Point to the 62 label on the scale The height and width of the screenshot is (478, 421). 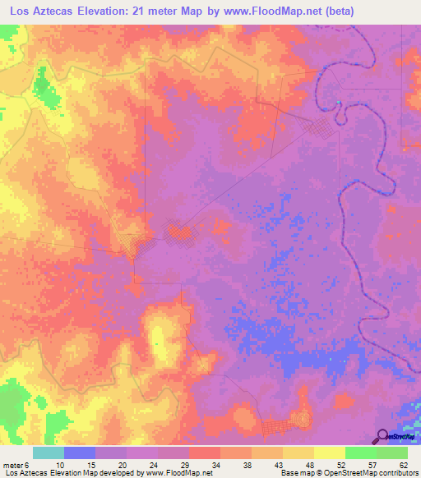coord(403,465)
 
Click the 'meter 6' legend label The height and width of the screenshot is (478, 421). coord(17,465)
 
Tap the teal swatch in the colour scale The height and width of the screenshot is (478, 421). coord(48,453)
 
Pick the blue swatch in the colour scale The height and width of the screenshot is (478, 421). coord(79,453)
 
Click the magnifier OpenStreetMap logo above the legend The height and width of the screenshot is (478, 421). coord(382,436)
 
